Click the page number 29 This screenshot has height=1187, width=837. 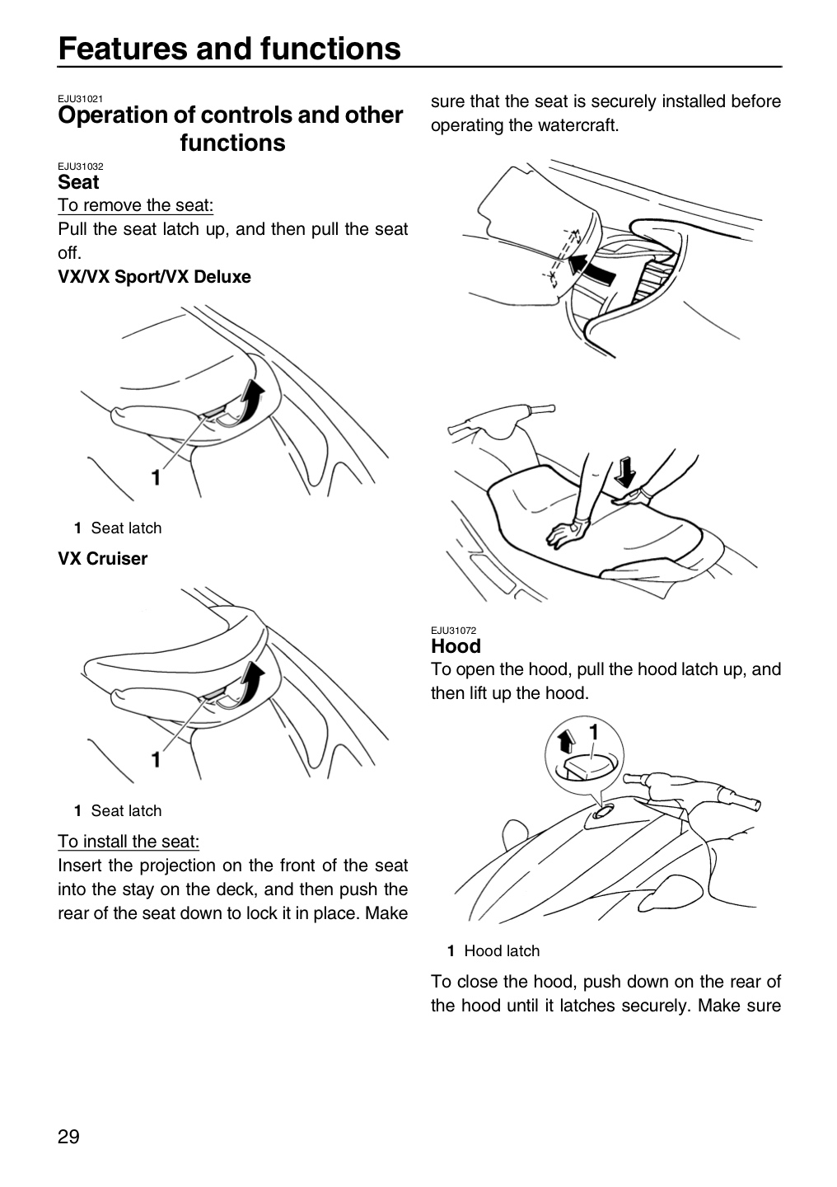(x=68, y=1137)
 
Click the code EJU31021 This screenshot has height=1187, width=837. (x=80, y=99)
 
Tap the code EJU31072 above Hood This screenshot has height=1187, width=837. (x=453, y=630)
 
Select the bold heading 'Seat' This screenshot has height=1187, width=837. (x=78, y=181)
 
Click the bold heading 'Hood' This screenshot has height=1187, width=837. (x=456, y=646)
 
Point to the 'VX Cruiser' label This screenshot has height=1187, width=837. (x=102, y=559)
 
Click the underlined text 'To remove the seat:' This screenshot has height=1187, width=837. (x=136, y=205)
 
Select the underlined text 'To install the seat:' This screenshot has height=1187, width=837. (x=129, y=841)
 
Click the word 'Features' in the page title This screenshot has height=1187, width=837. (x=123, y=48)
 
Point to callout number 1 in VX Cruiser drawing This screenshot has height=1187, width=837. (x=156, y=759)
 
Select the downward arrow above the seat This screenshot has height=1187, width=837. (x=625, y=472)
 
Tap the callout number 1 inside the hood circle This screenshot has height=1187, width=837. (x=594, y=732)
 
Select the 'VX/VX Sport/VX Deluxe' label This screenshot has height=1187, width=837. (x=154, y=277)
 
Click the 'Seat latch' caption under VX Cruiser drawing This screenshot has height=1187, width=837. (x=126, y=811)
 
